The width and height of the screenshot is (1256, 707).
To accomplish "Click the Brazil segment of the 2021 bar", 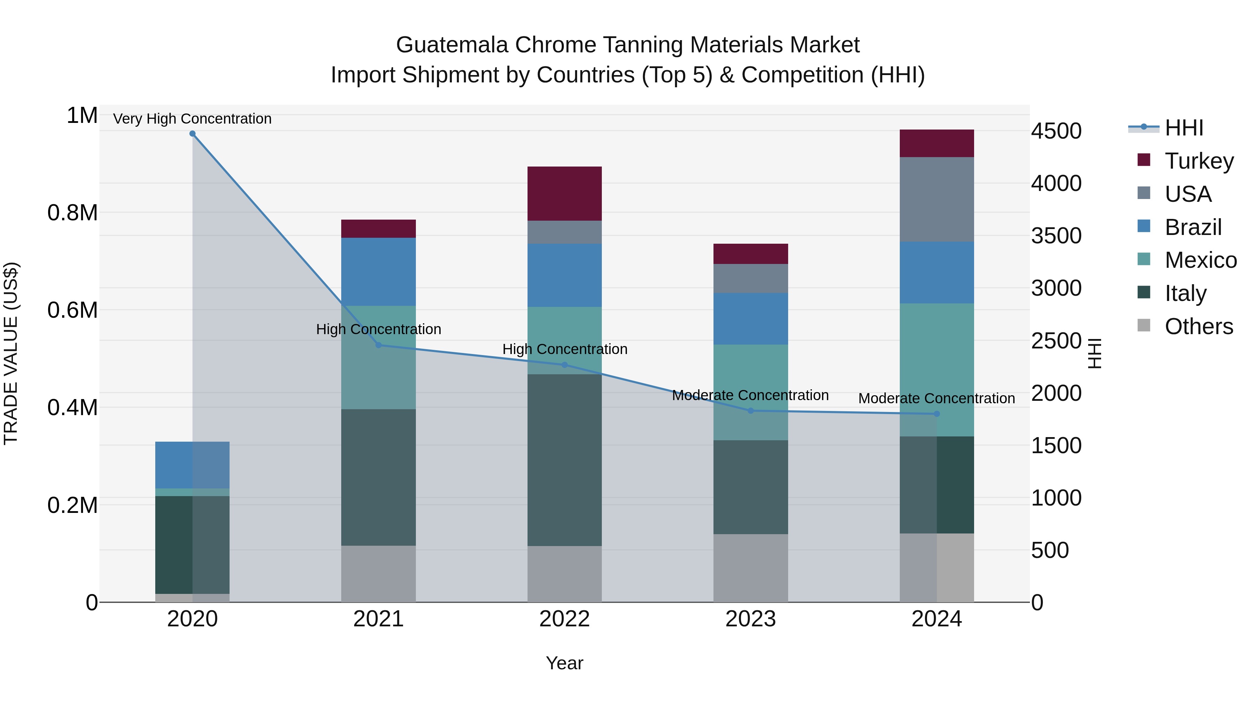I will click(378, 271).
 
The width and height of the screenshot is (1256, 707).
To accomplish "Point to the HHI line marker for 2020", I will click(192, 134).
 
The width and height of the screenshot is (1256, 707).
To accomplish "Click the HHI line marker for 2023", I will click(750, 411).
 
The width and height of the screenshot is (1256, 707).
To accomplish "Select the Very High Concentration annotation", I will click(192, 119).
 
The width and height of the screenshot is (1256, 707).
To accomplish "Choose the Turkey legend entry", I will click(1199, 161).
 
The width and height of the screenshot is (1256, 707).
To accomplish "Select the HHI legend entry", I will click(1184, 128).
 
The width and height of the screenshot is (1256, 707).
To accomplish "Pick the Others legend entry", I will click(1198, 326).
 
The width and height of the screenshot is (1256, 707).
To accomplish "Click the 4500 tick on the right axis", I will click(1056, 131).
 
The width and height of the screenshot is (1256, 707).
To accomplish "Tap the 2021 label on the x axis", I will click(378, 619).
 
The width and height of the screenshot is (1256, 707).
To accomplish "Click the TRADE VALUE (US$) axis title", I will click(11, 353).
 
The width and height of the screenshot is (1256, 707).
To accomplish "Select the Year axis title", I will click(564, 663).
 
